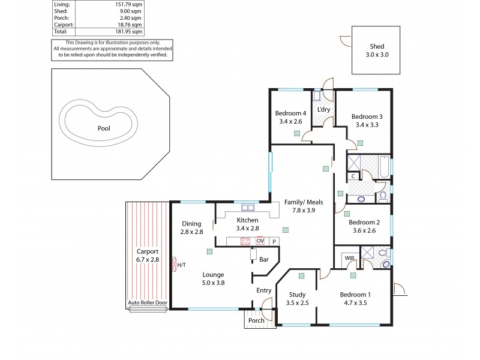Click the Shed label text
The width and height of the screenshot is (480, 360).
coord(376,46)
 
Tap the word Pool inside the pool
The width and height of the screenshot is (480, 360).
coord(103,128)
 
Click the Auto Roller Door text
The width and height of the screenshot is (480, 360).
coord(147,304)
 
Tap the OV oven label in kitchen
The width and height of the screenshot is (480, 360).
coord(260,241)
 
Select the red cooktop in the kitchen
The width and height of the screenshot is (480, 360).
coord(245,241)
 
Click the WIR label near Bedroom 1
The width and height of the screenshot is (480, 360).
coord(350,258)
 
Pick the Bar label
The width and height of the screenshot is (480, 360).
coord(264,259)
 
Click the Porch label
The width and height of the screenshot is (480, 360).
coord(256,320)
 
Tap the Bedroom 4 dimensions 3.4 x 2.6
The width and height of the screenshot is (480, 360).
coord(291,122)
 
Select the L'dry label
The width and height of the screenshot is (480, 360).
coord(323,109)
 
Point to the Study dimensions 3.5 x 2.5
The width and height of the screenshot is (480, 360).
coord(298,304)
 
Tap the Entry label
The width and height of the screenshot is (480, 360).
coord(264,290)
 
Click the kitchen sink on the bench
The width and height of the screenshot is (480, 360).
coord(247,208)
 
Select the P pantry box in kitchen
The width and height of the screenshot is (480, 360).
coord(274,241)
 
